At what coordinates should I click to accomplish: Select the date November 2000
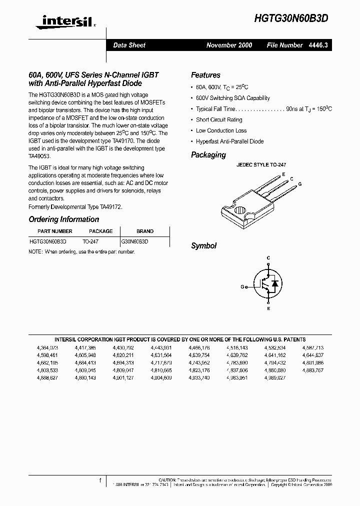pyautogui.click(x=229, y=45)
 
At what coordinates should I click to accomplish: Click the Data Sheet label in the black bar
pyautogui.click(x=129, y=45)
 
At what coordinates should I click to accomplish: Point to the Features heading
pyautogui.click(x=205, y=75)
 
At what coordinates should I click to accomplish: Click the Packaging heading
pyautogui.click(x=208, y=155)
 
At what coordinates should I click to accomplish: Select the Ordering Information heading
pyautogui.click(x=63, y=219)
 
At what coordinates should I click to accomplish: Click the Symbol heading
pyautogui.click(x=203, y=246)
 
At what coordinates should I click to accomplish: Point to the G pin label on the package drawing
pyautogui.click(x=299, y=184)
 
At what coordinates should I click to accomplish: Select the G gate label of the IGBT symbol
pyautogui.click(x=242, y=287)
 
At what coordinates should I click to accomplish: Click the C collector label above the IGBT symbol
pyautogui.click(x=268, y=258)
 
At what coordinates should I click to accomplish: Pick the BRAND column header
pyautogui.click(x=145, y=231)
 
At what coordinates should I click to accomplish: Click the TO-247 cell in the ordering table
pyautogui.click(x=90, y=241)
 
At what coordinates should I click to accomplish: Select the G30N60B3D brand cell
pyautogui.click(x=135, y=241)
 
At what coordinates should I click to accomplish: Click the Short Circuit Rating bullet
pyautogui.click(x=219, y=120)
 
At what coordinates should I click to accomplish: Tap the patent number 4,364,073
pyautogui.click(x=47, y=347)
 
